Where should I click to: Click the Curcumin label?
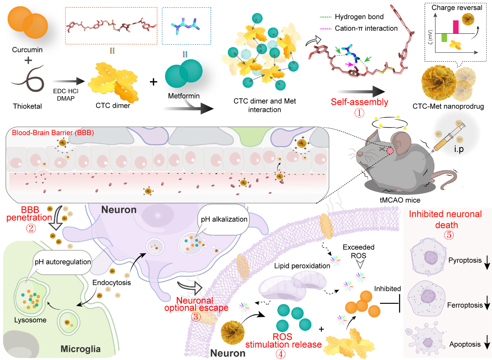pyautogui.click(x=27, y=50)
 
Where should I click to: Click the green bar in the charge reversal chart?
pyautogui.click(x=444, y=38)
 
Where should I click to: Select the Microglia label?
pyautogui.click(x=81, y=349)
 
